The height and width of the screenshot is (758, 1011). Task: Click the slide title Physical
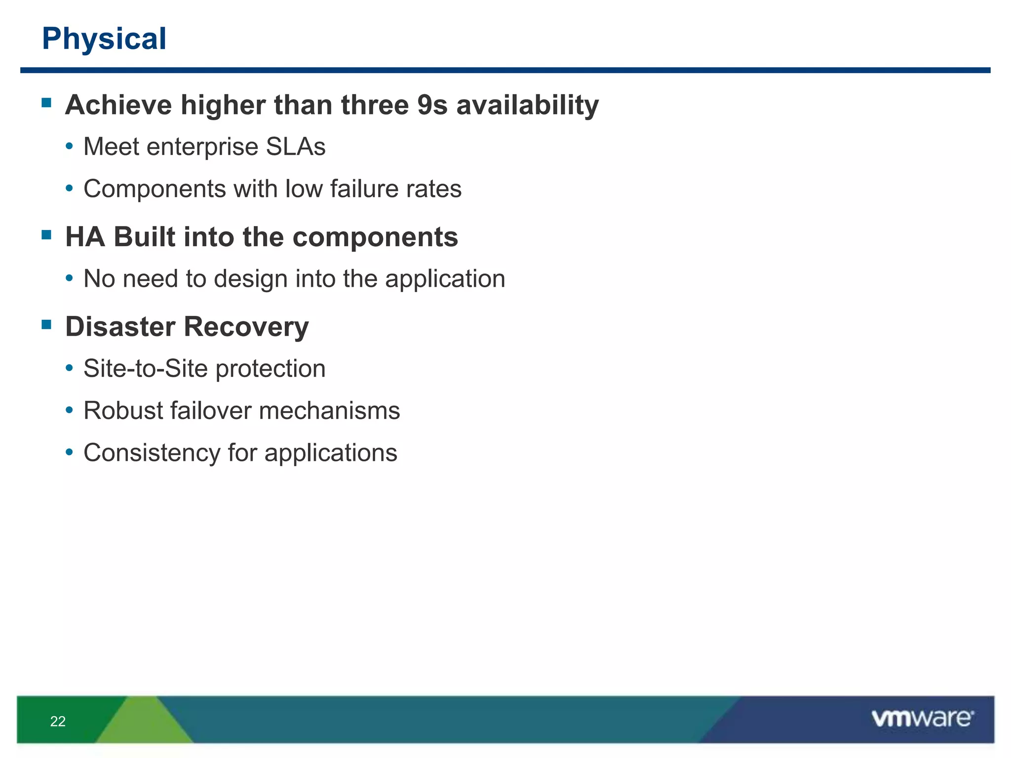tap(104, 38)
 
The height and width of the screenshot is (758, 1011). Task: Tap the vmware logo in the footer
tap(922, 719)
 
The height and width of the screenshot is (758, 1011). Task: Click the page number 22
tap(58, 721)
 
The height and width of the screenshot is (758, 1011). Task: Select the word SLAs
tap(296, 147)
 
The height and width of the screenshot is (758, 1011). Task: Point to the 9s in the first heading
tap(432, 105)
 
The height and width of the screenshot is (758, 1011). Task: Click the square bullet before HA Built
tap(47, 234)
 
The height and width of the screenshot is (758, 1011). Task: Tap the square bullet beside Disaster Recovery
tap(47, 324)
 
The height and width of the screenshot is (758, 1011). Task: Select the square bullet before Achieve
tap(47, 103)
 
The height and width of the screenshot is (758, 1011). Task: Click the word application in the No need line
tap(445, 279)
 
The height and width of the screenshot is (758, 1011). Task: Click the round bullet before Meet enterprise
tap(70, 147)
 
